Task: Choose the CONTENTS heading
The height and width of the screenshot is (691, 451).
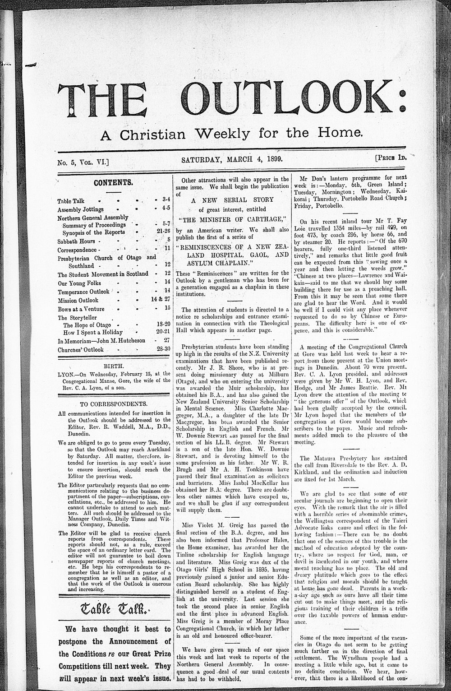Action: coord(113,183)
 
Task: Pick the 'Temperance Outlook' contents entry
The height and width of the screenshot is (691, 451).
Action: coord(83,291)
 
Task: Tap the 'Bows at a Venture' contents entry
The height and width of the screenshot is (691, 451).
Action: coord(81,309)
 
